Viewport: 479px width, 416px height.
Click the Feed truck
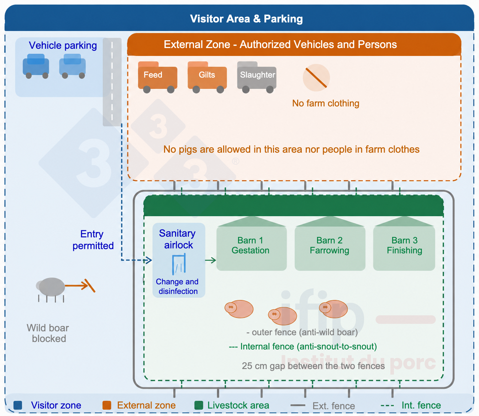[157, 77]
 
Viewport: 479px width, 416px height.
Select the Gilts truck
[207, 77]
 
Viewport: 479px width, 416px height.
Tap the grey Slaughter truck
[257, 77]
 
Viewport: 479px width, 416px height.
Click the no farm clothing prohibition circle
[316, 78]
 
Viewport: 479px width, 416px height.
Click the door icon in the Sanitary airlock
[179, 264]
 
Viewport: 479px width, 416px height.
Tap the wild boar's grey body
[52, 287]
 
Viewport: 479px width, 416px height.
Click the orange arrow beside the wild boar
[80, 285]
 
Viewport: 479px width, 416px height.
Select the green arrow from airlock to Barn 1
[210, 260]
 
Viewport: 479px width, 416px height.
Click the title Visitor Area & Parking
[246, 19]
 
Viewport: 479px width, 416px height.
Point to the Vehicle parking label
[63, 46]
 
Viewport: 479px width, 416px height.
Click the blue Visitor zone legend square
[18, 405]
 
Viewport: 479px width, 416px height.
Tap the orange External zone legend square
[107, 405]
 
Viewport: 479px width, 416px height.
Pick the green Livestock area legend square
[199, 405]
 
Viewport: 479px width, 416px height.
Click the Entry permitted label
[93, 240]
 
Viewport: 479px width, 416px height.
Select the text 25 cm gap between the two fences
[313, 366]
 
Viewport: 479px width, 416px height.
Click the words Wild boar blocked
[48, 333]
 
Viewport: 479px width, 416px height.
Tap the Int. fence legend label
[421, 405]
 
